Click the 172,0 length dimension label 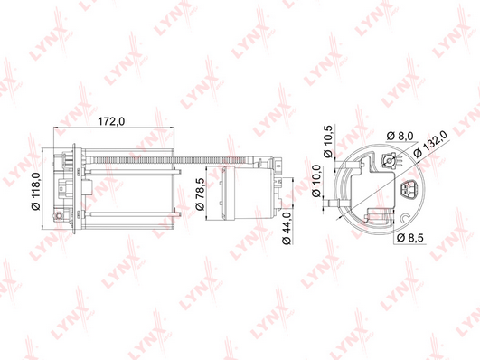point(111,121)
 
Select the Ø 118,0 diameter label point(36,192)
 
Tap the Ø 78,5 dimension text point(200,194)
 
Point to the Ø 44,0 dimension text point(287,228)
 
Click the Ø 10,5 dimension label point(328,141)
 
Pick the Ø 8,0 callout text point(400,136)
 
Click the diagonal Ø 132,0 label point(430,144)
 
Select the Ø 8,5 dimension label point(410,238)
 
